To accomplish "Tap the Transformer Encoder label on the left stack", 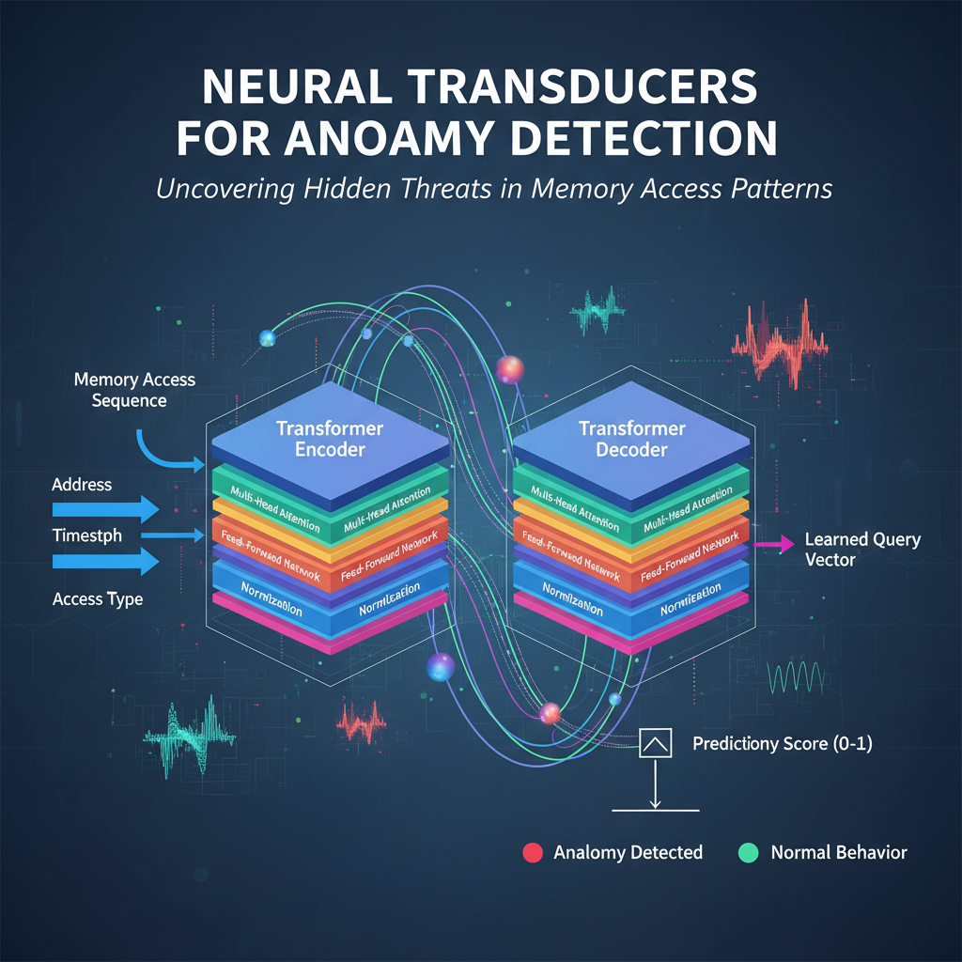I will (317, 439).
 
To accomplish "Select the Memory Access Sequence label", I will (134, 390).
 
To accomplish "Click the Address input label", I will (82, 485).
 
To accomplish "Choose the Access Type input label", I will (98, 598).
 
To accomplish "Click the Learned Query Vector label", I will (862, 550).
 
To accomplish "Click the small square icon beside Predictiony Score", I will (655, 744).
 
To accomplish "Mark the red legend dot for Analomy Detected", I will (531, 853).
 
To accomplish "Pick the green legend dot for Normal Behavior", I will (748, 853).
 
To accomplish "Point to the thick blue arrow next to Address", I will (103, 509).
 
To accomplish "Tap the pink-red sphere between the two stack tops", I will (508, 369).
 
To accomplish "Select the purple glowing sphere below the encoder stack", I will (440, 667).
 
